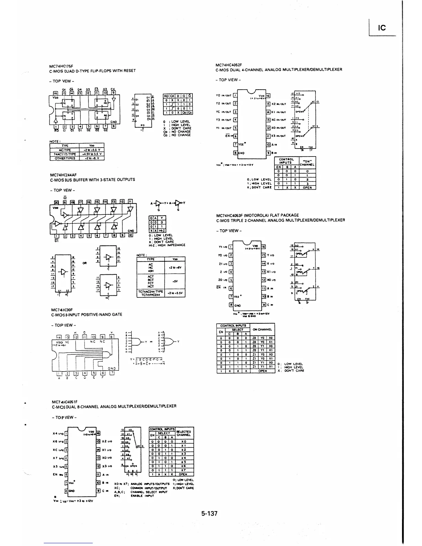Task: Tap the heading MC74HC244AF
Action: pos(63,175)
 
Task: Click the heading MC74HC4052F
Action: pos(229,64)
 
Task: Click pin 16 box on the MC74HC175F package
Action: pos(55,93)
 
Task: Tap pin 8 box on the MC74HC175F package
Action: pos(114,126)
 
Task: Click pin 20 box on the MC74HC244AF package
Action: pos(55,202)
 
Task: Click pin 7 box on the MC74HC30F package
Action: pos(112,373)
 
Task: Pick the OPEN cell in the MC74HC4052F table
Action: pos(307,188)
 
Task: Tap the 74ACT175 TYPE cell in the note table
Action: pos(65,154)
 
